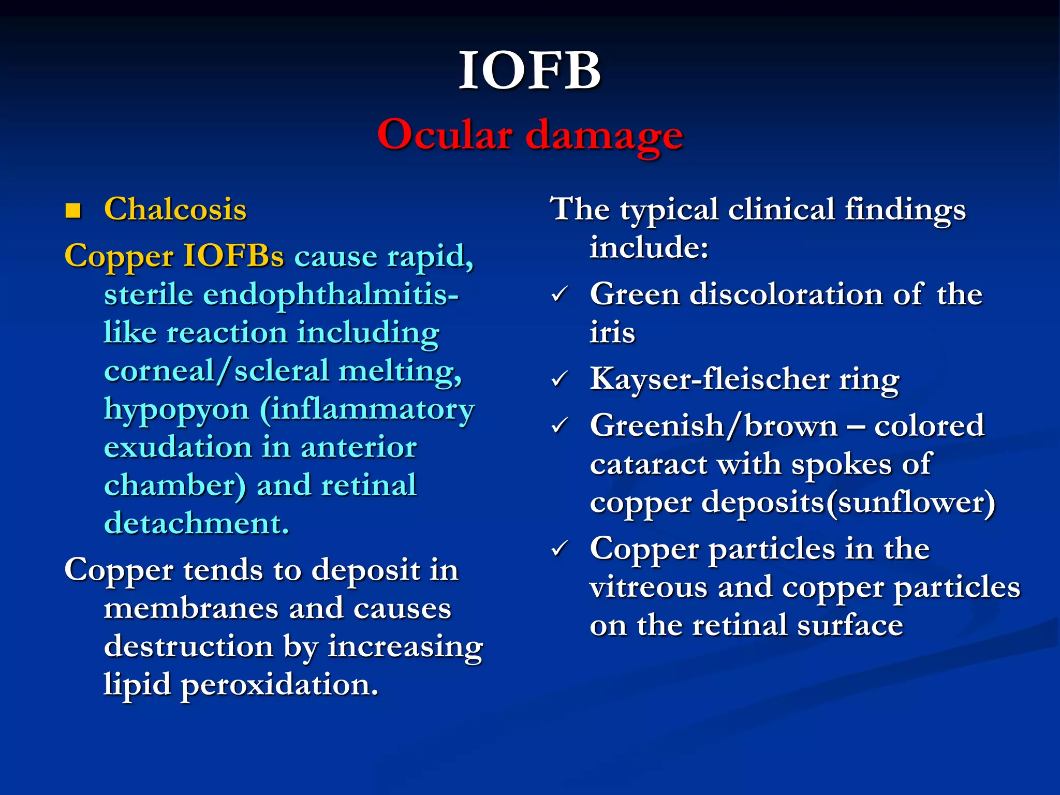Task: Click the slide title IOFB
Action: click(x=529, y=71)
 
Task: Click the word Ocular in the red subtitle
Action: click(x=445, y=135)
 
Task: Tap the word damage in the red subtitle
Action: click(x=604, y=136)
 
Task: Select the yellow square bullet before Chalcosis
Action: click(x=73, y=210)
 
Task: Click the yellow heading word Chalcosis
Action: click(x=175, y=209)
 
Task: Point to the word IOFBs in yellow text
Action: click(x=234, y=256)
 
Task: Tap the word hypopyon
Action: click(x=176, y=410)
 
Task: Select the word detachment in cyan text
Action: click(x=196, y=523)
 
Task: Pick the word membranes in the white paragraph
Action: click(x=191, y=608)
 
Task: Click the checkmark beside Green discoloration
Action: click(x=560, y=295)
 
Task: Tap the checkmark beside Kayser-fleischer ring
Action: click(x=560, y=379)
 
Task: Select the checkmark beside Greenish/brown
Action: click(x=560, y=426)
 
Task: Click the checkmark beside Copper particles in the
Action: click(x=560, y=549)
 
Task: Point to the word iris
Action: click(x=612, y=332)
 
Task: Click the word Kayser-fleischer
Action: click(x=710, y=379)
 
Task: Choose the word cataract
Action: click(x=648, y=464)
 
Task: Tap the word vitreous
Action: click(x=648, y=587)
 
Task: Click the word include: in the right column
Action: click(x=649, y=247)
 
